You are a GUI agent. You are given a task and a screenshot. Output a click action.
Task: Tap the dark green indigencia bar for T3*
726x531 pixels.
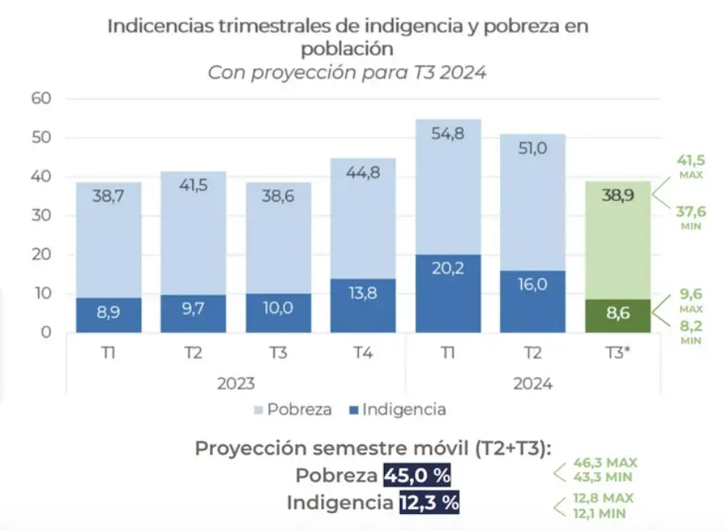coord(617,316)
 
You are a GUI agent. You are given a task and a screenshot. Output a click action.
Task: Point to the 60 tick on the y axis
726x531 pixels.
coord(40,98)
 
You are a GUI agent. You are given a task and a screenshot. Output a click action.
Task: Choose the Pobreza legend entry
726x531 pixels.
coord(295,409)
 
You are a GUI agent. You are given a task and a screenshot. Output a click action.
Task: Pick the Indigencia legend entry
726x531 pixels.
coord(394,409)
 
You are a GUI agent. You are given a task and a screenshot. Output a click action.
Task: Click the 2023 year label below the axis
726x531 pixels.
coord(236,383)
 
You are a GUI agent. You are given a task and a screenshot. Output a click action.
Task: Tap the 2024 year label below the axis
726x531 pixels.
coord(532,383)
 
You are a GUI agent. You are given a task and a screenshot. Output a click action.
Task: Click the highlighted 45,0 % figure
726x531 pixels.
coord(418,475)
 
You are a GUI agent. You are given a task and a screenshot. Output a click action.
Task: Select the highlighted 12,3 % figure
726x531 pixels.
coord(428,503)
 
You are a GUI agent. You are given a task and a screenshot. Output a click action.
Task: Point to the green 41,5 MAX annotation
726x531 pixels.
coord(691,165)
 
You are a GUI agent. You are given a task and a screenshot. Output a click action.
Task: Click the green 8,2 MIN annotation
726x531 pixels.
coord(691,332)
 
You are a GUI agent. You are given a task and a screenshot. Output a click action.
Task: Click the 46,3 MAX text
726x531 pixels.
coord(605,462)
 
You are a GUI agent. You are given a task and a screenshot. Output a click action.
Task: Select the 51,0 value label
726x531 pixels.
coord(532,149)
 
